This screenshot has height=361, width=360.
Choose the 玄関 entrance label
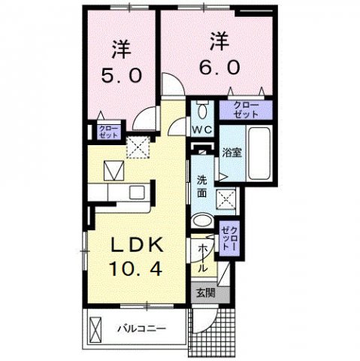coord(205,293)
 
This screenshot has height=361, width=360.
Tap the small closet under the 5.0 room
coord(108,132)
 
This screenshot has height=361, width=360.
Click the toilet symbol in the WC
coord(201,110)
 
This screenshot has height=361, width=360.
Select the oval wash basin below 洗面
coord(202,221)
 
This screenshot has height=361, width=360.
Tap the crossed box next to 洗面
coord(226,199)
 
